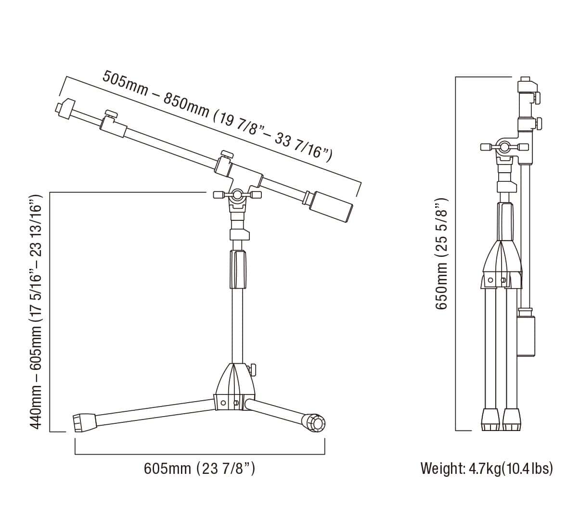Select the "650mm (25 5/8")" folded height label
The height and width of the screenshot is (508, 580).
(441, 254)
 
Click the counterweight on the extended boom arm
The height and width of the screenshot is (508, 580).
(332, 206)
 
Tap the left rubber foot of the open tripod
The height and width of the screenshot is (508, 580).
(85, 422)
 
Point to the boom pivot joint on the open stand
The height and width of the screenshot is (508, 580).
(237, 195)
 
